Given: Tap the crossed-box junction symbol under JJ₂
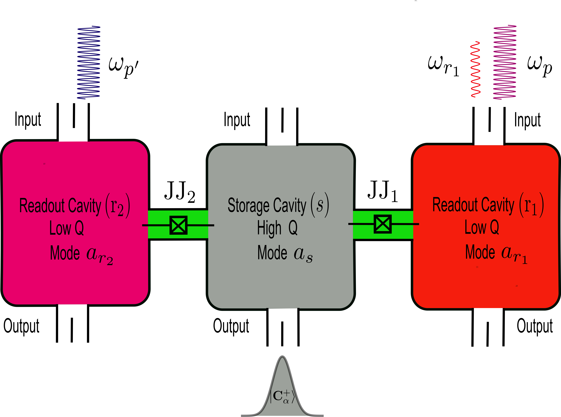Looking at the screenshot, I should pos(178,225).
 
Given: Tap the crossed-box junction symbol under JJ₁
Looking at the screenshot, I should pos(383,224).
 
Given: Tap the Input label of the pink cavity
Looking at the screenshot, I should pos(28,119).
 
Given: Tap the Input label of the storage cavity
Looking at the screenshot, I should pos(237,120).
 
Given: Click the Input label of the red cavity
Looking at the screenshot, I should pos(527,120).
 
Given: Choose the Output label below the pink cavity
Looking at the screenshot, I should pos(21,326).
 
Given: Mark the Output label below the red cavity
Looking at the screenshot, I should pos(534,326).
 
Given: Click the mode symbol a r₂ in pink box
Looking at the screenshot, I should pos(99,255).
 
